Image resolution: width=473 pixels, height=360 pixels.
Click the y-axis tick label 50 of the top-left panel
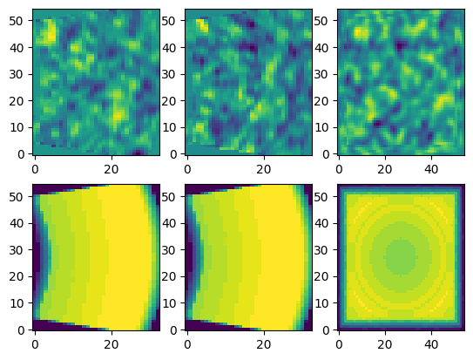17,21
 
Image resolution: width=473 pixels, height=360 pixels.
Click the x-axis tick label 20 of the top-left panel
111,170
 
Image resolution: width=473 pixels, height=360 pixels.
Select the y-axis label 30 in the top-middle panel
169,74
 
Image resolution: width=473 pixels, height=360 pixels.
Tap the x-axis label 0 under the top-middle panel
187,170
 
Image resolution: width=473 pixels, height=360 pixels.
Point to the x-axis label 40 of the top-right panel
431,170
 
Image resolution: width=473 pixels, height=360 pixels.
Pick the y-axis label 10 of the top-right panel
321,127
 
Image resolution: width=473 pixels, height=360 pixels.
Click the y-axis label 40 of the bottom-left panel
17,224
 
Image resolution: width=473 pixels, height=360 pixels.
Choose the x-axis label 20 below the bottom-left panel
111,345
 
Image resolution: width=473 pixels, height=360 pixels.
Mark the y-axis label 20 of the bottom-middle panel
169,276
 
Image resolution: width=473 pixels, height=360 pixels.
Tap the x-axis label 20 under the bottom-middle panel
264,345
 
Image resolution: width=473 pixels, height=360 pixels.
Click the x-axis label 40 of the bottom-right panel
431,345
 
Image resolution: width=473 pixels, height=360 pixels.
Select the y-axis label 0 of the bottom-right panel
326,330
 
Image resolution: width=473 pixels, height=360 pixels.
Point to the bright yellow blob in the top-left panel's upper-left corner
50,31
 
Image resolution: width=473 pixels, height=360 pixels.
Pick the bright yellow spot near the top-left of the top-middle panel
202,24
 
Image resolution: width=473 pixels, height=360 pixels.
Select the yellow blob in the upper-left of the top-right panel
361,32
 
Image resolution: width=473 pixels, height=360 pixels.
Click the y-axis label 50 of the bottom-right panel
321,197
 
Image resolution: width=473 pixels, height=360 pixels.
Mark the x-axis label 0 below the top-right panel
340,170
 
